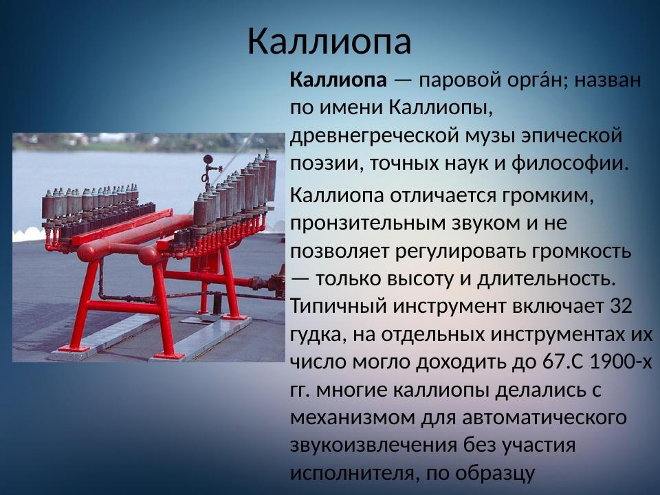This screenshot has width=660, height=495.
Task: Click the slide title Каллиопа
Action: [x=329, y=41]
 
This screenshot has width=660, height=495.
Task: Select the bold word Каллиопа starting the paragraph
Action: [x=338, y=80]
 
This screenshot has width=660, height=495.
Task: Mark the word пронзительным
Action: [x=371, y=223]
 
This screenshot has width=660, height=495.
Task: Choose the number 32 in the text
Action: [x=621, y=307]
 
